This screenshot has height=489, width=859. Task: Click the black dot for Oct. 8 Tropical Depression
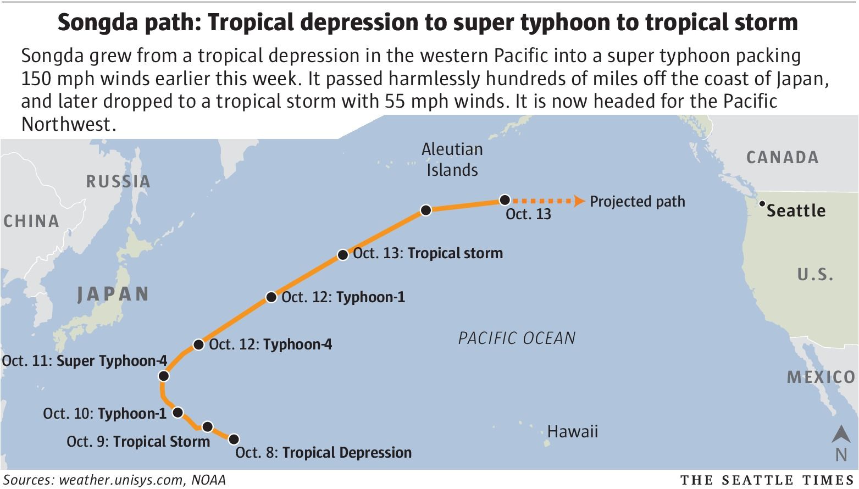pyautogui.click(x=234, y=439)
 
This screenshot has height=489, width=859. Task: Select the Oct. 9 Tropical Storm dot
pyautogui.click(x=207, y=426)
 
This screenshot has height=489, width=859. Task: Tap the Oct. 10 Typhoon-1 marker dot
pyautogui.click(x=178, y=412)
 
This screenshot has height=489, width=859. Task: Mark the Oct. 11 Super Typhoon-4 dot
pyautogui.click(x=163, y=376)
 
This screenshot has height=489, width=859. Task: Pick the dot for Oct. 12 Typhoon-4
pyautogui.click(x=198, y=345)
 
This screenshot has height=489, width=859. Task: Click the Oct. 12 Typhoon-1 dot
pyautogui.click(x=271, y=297)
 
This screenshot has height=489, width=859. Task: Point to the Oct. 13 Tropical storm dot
pyautogui.click(x=342, y=255)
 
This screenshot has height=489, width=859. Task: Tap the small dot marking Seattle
pyautogui.click(x=762, y=204)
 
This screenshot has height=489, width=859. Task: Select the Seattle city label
pyautogui.click(x=796, y=211)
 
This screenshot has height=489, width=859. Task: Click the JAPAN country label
pyautogui.click(x=113, y=294)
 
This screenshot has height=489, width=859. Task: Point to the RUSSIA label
pyautogui.click(x=118, y=181)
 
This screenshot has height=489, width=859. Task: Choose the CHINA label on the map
pyautogui.click(x=31, y=221)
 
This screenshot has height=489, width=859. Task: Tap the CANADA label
pyautogui.click(x=782, y=158)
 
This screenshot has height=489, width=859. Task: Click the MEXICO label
pyautogui.click(x=821, y=377)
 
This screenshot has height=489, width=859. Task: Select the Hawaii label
pyautogui.click(x=572, y=431)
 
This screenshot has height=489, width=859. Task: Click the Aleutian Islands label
pyautogui.click(x=452, y=159)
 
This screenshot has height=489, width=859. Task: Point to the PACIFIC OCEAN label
pyautogui.click(x=517, y=337)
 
